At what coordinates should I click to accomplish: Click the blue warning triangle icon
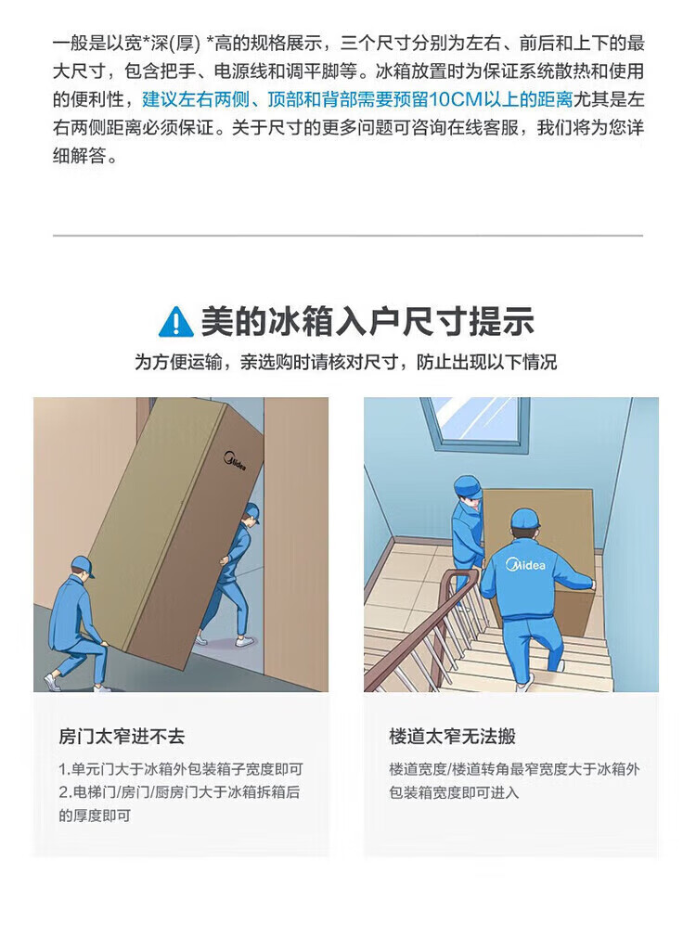[176, 322]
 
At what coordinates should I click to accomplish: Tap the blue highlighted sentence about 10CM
[358, 99]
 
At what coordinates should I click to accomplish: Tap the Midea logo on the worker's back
[525, 564]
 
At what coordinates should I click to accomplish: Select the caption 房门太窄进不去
[122, 736]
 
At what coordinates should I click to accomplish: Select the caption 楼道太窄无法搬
[452, 736]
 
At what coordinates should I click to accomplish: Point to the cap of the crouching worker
[84, 565]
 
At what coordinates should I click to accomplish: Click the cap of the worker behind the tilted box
[251, 511]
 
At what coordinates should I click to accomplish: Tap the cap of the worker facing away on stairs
[524, 518]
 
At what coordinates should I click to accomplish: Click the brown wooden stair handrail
[419, 628]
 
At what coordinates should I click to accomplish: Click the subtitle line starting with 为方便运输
[346, 362]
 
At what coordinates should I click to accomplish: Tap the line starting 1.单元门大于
[181, 769]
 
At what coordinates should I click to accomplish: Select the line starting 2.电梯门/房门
[179, 792]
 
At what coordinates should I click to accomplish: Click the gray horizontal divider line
[348, 236]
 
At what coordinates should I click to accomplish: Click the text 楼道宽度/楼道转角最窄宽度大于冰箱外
[514, 769]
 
